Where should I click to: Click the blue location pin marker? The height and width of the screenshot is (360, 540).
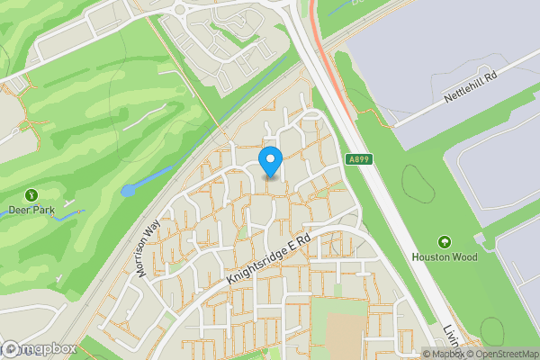270,161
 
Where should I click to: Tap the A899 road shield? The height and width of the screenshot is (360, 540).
359,159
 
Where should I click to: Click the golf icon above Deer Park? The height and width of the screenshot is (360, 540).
32,193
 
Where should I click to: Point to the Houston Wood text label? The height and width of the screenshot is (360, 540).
444,256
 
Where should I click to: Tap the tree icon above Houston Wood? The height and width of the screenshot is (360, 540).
444,241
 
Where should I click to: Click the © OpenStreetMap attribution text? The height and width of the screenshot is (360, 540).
500,354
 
